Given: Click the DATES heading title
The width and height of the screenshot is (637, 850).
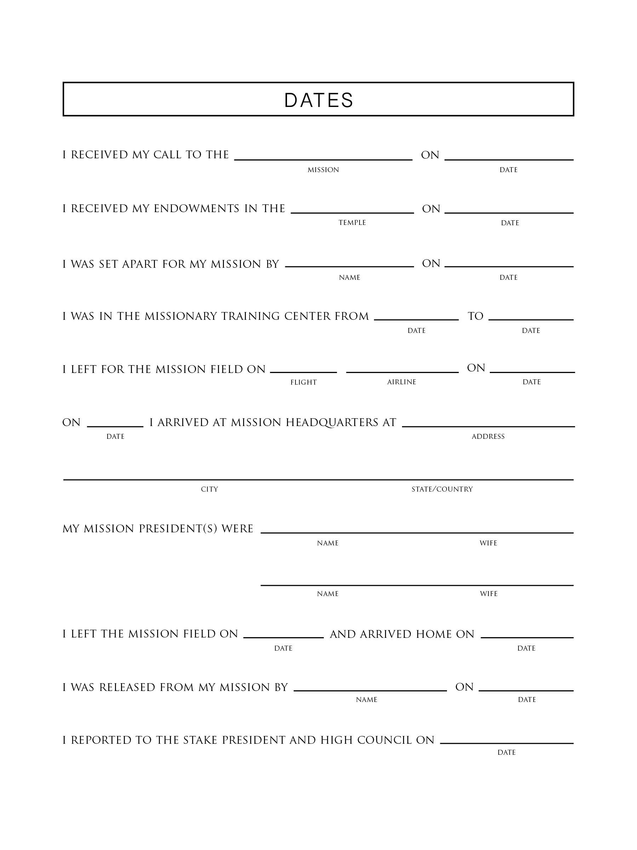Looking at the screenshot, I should coord(318,100).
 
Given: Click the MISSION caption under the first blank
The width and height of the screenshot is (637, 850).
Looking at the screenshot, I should coord(323,170).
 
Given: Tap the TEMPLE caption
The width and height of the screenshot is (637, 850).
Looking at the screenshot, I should coord(352,222).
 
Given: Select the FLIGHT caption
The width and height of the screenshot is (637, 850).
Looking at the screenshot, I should coord(303,382).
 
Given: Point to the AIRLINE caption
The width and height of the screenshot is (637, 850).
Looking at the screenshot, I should coord(401,382).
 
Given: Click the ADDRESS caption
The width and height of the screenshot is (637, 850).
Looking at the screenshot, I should coord(488,437).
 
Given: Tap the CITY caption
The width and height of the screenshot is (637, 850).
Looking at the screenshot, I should coord(209,489).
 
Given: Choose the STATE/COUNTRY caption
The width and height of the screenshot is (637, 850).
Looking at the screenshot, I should coord(442,489).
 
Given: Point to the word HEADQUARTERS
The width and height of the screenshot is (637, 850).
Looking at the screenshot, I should coord(332,423).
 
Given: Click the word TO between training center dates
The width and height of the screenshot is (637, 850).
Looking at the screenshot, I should coord(475,316).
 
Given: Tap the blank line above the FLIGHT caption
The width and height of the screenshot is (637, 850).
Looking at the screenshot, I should coord(303,372).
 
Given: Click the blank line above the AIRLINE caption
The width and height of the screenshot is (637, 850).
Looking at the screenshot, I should coord(402,372).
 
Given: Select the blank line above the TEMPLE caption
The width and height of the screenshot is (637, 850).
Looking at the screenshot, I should coord(352,212).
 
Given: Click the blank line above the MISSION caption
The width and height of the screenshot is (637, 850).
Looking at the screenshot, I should coord(323,159).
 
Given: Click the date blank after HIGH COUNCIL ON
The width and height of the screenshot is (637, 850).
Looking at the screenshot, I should coord(506,743).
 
